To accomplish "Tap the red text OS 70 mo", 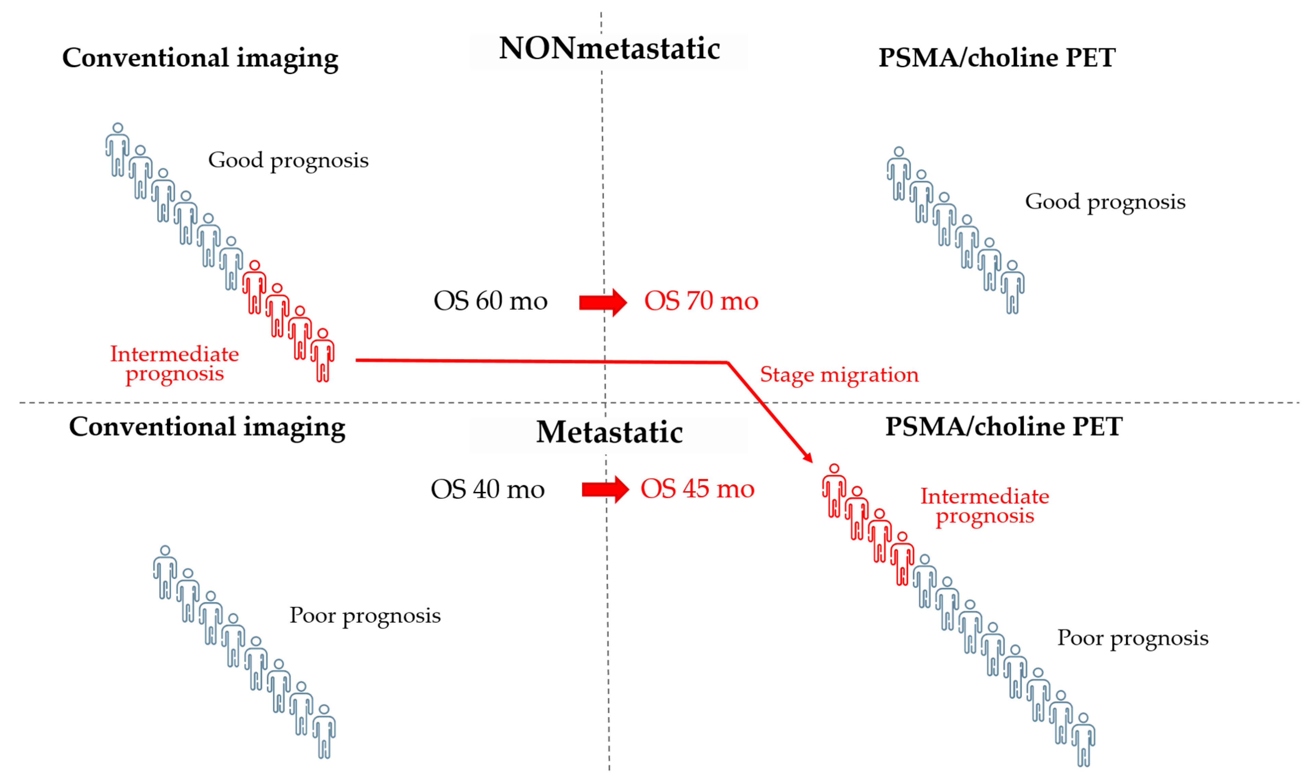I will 701,301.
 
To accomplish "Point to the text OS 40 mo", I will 487,489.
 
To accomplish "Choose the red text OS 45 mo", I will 697,489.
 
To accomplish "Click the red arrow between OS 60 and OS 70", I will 602,302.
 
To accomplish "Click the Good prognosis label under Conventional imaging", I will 288,160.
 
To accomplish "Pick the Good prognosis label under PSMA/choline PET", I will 1105,202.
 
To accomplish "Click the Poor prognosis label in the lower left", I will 365,616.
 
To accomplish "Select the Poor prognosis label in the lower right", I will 1133,638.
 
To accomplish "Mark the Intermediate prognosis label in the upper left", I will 174,364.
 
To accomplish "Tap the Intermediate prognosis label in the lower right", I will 985,506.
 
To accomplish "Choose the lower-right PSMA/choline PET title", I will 1003,427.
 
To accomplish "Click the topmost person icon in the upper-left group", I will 117,150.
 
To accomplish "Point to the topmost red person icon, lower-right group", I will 834,490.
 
